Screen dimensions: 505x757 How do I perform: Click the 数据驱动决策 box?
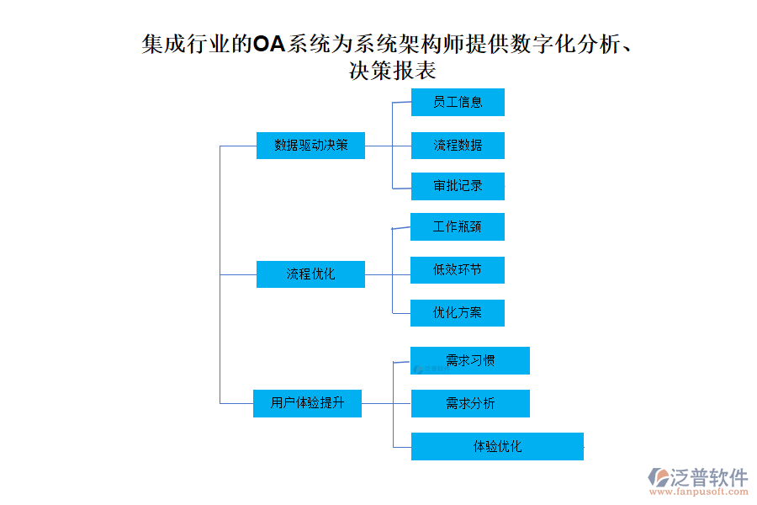pos(310,145)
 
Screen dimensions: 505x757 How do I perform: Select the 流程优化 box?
pos(310,274)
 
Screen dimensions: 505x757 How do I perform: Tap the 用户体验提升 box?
pos(307,403)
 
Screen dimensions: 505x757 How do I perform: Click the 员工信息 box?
pos(458,102)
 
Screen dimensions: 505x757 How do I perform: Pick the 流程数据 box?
pos(458,145)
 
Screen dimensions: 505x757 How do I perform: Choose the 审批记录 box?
pos(458,186)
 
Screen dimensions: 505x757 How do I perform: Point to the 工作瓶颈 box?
pos(458,226)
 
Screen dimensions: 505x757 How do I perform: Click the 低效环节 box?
pos(458,270)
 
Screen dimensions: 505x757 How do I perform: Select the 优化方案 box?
pos(458,313)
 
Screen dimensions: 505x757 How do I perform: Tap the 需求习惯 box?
pos(470,360)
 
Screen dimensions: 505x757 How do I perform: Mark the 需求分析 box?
pos(470,403)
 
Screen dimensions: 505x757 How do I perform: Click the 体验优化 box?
pos(497,446)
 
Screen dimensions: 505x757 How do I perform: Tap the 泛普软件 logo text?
pos(709,476)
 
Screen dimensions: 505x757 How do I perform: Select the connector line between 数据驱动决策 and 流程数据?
pos(388,146)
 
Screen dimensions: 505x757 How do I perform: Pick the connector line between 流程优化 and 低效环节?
pos(388,274)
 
